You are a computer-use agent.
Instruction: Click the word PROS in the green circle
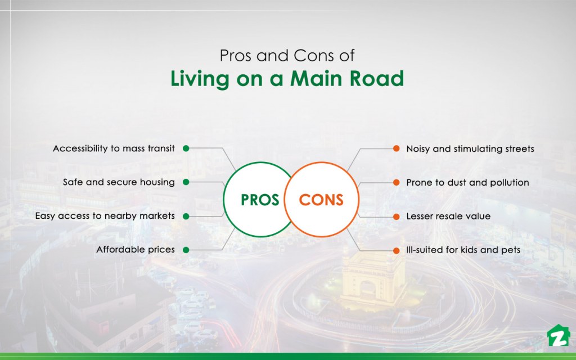tap(260, 200)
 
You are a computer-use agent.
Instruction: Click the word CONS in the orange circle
tap(321, 200)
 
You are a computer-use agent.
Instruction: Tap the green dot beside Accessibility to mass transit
tap(186, 149)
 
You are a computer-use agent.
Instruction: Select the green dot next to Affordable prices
tap(186, 249)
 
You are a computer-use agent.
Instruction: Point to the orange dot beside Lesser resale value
tap(395, 216)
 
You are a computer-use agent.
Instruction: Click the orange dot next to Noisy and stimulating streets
tap(395, 149)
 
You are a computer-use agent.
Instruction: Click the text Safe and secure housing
tap(119, 182)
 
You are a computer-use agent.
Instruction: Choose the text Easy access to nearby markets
tap(105, 216)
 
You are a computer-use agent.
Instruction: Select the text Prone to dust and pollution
tap(467, 182)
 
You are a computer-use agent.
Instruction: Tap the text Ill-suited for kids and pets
tap(463, 249)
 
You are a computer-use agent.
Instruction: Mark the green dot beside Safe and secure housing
tap(186, 182)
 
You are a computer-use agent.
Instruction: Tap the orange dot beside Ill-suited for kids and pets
tap(395, 249)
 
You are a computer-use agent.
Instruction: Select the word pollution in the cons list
tap(508, 182)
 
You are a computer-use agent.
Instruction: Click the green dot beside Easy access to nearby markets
tap(186, 216)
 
